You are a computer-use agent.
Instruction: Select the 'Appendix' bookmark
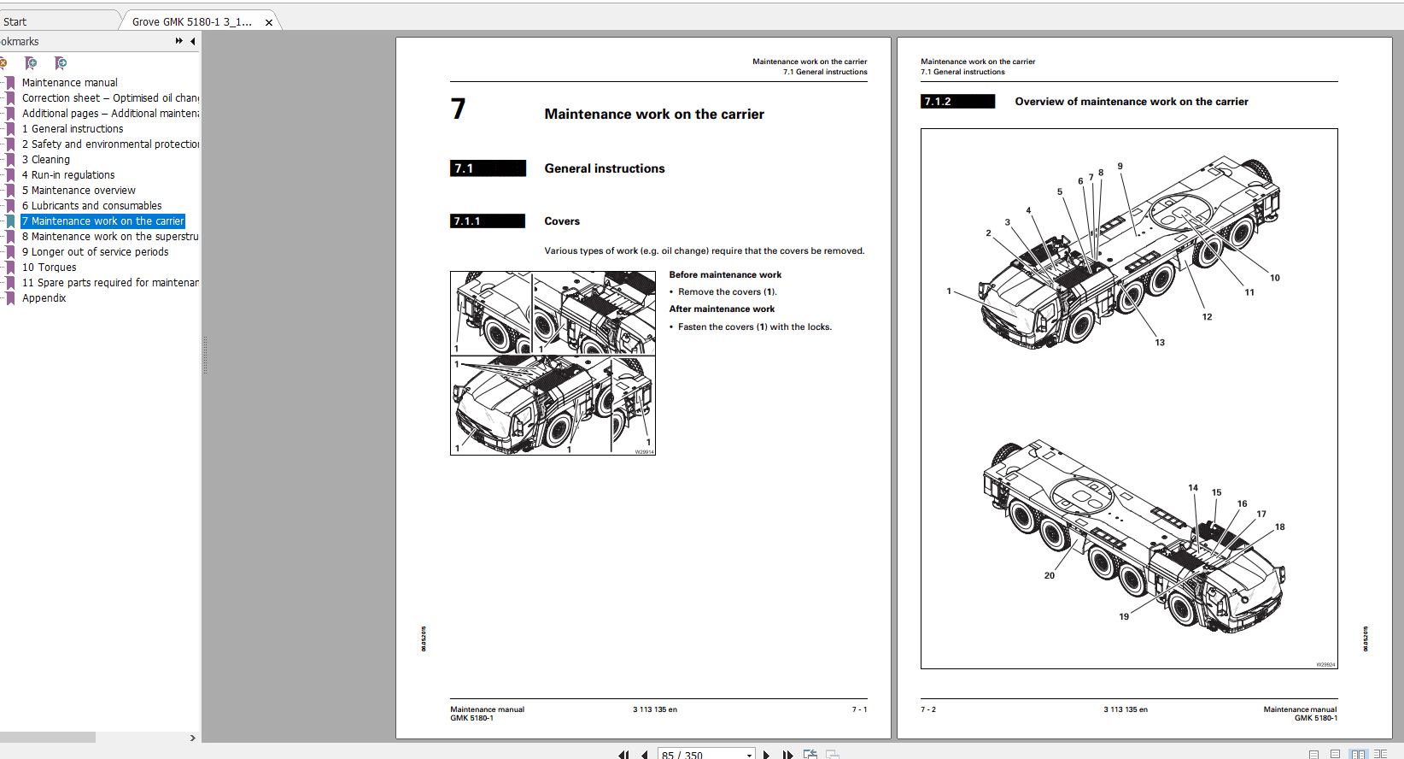(x=44, y=298)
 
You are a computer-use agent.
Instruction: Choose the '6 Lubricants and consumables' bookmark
(x=91, y=206)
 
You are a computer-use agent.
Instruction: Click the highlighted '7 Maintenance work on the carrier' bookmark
(x=102, y=221)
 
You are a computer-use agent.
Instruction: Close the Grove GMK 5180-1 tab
(x=269, y=22)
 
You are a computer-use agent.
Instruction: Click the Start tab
(x=15, y=22)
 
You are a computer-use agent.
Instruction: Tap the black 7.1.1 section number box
(x=487, y=221)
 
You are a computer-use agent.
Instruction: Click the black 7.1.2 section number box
(x=957, y=102)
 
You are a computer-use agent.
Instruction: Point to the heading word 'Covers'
(x=562, y=221)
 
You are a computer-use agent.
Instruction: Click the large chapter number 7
(x=459, y=109)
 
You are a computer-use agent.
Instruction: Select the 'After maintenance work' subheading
(x=722, y=309)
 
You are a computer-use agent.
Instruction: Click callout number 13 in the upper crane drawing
(x=1160, y=343)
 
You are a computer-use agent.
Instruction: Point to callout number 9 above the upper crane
(x=1120, y=167)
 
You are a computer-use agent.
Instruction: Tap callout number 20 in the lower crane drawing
(x=1050, y=575)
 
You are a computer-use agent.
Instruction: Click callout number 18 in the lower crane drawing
(x=1279, y=527)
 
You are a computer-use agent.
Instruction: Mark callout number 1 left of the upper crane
(x=949, y=291)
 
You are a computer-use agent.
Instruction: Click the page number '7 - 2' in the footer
(x=928, y=709)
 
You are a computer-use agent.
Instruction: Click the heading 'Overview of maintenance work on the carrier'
(x=1131, y=102)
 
